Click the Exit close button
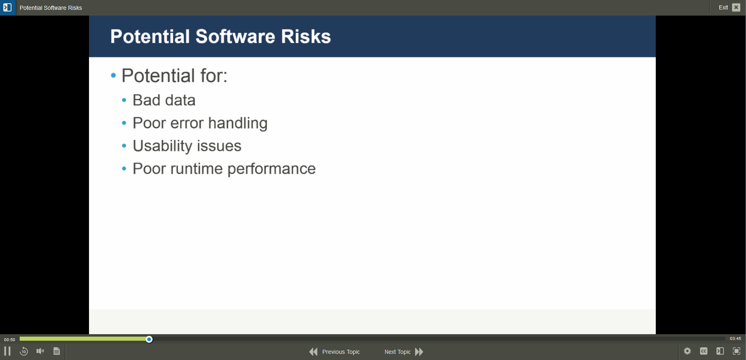point(736,7)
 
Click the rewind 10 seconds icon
point(24,351)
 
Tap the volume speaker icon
point(40,351)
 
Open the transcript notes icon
point(57,351)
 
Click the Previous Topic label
point(341,352)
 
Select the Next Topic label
point(397,352)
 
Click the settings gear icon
point(687,351)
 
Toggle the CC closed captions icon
point(704,351)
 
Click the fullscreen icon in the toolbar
point(737,351)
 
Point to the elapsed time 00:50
point(9,339)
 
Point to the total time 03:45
point(735,339)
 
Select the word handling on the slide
point(238,123)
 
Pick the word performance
point(271,169)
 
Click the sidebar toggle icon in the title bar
point(7,7)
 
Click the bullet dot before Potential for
point(114,75)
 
